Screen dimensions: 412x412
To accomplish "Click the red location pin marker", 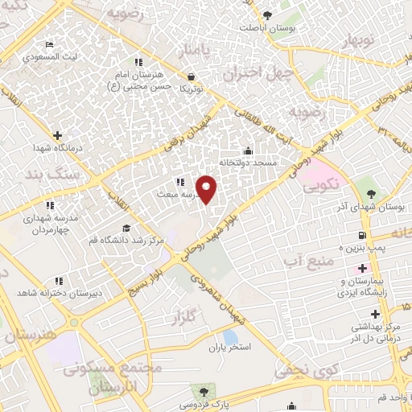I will (207, 189).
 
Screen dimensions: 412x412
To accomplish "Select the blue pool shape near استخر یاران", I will (231, 336).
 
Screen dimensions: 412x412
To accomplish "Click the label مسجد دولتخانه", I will (253, 163).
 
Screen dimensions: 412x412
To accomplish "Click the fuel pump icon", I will (363, 235).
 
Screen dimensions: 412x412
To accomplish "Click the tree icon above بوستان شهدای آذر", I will (371, 193).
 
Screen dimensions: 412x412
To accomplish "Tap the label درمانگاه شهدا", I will (30, 149).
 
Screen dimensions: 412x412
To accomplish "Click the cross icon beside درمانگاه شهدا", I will (56, 136).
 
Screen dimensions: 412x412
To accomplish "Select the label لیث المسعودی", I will (31, 57).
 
